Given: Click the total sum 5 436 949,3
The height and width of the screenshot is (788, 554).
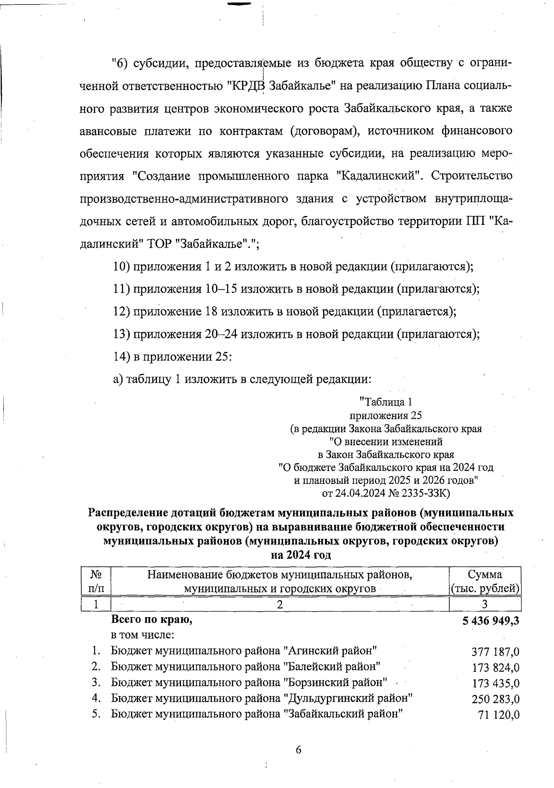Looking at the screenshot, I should [x=490, y=620].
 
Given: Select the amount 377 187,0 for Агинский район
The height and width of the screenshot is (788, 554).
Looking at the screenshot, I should [x=495, y=652].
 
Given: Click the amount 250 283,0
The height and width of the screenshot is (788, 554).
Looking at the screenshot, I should [x=495, y=699].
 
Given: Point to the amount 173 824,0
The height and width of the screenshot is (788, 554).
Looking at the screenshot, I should [x=495, y=668].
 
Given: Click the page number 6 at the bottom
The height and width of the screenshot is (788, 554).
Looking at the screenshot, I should [x=298, y=750].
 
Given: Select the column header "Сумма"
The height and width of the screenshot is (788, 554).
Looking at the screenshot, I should [x=485, y=575].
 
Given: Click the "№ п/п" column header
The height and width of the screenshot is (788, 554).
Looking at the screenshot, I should [x=96, y=582].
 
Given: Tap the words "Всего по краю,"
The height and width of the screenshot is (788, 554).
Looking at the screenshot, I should [x=151, y=620].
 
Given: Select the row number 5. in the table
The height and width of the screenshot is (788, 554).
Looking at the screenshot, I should [x=96, y=714].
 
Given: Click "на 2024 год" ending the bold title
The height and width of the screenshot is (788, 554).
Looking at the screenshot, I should [x=301, y=555].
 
